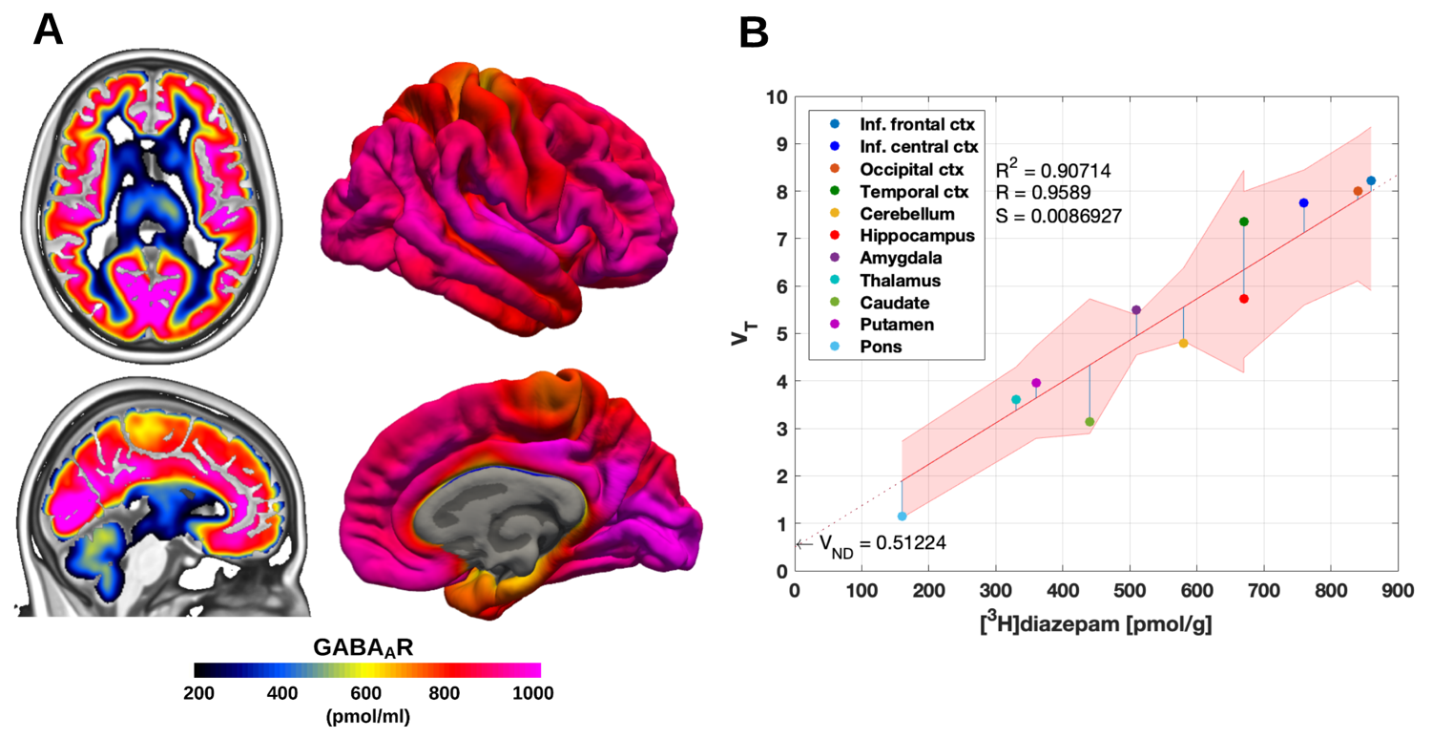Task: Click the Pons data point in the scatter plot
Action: click(x=902, y=516)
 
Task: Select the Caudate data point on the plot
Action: click(x=1090, y=421)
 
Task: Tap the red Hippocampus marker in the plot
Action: click(x=1244, y=299)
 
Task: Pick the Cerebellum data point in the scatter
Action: click(x=1183, y=343)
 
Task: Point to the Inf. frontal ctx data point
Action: click(x=1371, y=180)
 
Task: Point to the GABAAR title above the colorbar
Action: click(x=367, y=646)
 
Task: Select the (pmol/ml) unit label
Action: click(x=367, y=717)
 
